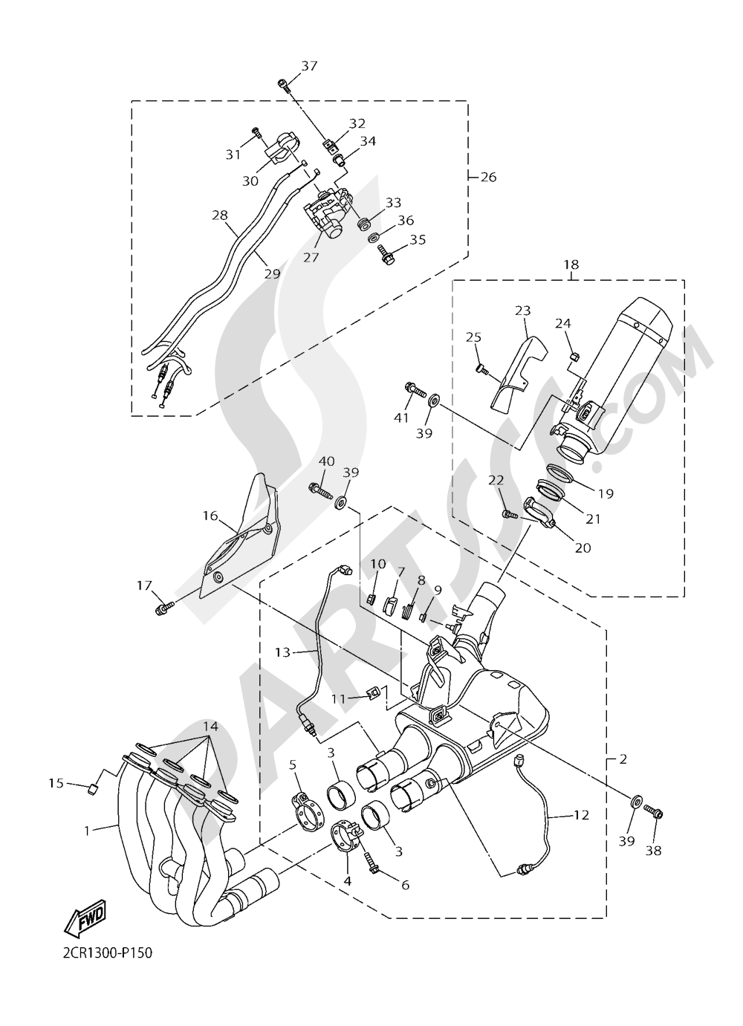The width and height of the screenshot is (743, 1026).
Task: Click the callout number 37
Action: click(308, 66)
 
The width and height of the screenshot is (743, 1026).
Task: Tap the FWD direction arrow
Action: click(85, 918)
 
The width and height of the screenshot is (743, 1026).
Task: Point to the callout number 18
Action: click(570, 264)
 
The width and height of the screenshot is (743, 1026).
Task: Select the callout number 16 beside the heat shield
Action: click(210, 516)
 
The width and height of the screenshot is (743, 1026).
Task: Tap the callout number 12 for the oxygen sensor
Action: click(580, 815)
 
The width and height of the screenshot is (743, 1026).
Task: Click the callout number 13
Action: click(282, 652)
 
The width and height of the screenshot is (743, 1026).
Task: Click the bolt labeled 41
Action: click(414, 388)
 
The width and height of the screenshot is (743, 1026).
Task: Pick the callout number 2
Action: click(623, 759)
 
